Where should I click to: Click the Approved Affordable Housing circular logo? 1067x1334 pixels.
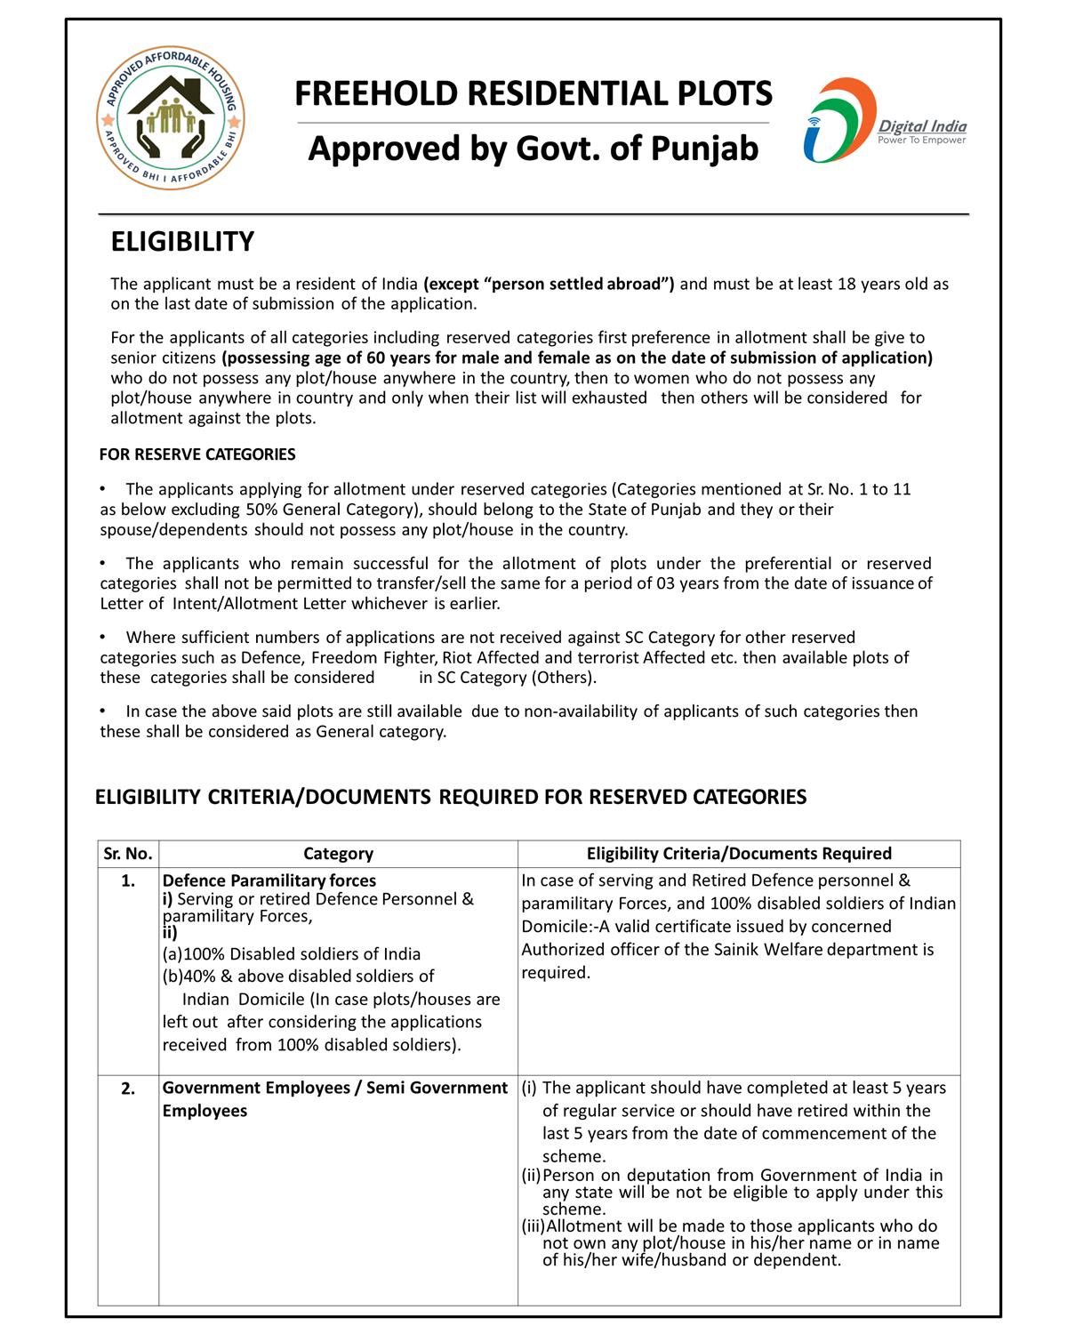pos(170,118)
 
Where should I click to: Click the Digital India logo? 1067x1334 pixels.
pos(884,121)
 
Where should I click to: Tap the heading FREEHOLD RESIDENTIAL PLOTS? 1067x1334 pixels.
pos(533,93)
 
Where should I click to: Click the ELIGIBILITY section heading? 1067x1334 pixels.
pos(182,242)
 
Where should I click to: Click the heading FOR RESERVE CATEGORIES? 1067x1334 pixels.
pos(197,454)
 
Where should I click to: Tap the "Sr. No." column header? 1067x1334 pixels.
pos(128,854)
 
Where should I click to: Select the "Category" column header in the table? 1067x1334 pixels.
pos(338,854)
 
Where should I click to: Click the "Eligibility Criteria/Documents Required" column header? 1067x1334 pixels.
pos(739,854)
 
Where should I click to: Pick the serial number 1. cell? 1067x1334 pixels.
pos(128,881)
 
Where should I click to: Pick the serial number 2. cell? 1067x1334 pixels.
pos(128,1089)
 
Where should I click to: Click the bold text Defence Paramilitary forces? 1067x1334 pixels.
pos(269,880)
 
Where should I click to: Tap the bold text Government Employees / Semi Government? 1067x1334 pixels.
pos(334,1088)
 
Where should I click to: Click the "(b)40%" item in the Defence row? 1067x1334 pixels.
pos(189,976)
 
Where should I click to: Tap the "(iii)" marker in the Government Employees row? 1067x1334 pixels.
pos(533,1226)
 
